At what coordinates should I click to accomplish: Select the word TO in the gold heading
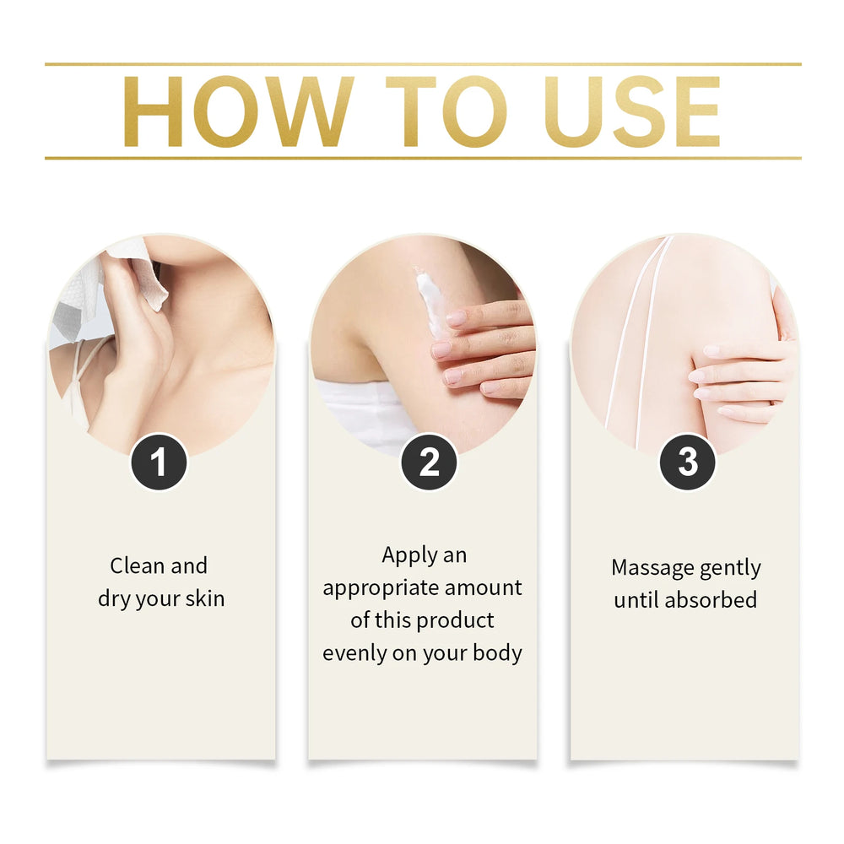pyautogui.click(x=446, y=111)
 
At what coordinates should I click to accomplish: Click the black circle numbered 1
pyautogui.click(x=159, y=462)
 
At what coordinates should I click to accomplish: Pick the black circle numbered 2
pyautogui.click(x=429, y=462)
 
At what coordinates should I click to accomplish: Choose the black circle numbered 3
pyautogui.click(x=687, y=462)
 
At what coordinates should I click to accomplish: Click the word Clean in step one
pyautogui.click(x=137, y=565)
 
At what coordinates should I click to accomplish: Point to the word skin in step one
pyautogui.click(x=204, y=598)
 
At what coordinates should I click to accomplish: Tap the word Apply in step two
pyautogui.click(x=409, y=556)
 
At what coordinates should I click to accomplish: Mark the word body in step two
pyautogui.click(x=497, y=653)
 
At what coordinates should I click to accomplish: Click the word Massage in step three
pyautogui.click(x=645, y=568)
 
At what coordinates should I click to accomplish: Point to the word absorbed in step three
pyautogui.click(x=711, y=600)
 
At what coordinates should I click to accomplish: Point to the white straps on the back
pyautogui.click(x=638, y=339)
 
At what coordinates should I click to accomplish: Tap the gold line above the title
pyautogui.click(x=423, y=64)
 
